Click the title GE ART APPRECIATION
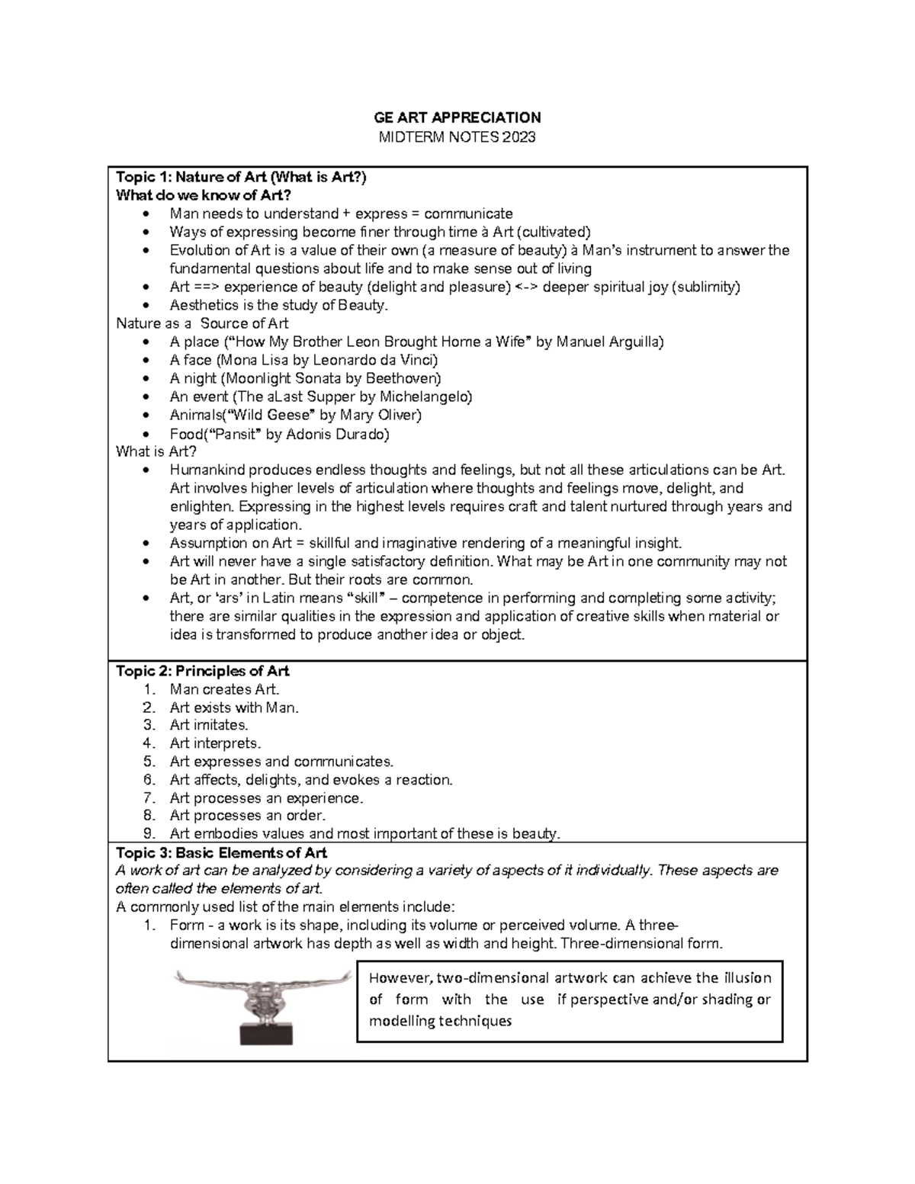pyautogui.click(x=457, y=117)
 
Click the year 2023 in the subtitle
pyautogui.click(x=519, y=137)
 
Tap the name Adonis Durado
pyautogui.click(x=342, y=434)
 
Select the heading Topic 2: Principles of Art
pyautogui.click(x=202, y=671)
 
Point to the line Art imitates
pyautogui.click(x=209, y=725)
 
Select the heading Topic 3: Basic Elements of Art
pyautogui.click(x=221, y=852)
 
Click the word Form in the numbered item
pyautogui.click(x=187, y=926)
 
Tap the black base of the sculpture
pyautogui.click(x=266, y=1033)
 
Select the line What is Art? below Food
pyautogui.click(x=156, y=451)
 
